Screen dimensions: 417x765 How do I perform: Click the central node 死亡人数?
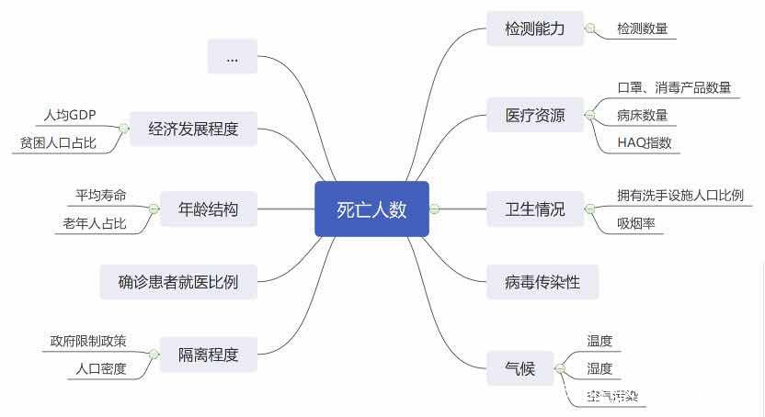click(371, 209)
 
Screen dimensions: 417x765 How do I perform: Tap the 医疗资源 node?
click(535, 117)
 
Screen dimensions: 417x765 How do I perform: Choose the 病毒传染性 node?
click(542, 282)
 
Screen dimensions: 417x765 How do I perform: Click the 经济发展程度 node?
click(193, 129)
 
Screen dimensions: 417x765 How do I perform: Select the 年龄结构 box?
click(208, 209)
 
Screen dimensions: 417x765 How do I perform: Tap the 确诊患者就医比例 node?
click(178, 282)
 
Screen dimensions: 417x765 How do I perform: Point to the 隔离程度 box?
click(208, 355)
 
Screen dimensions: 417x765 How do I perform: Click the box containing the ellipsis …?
click(232, 57)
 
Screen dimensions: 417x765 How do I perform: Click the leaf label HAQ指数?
click(645, 143)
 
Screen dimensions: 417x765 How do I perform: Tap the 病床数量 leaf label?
click(643, 116)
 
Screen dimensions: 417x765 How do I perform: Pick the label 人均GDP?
click(70, 116)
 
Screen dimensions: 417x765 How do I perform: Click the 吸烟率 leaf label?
click(636, 223)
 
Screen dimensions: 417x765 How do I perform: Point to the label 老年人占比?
click(94, 223)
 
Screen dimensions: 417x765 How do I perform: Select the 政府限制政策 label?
click(88, 341)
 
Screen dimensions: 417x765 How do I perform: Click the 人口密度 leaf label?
click(101, 368)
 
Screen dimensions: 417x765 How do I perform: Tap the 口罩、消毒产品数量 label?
click(674, 88)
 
